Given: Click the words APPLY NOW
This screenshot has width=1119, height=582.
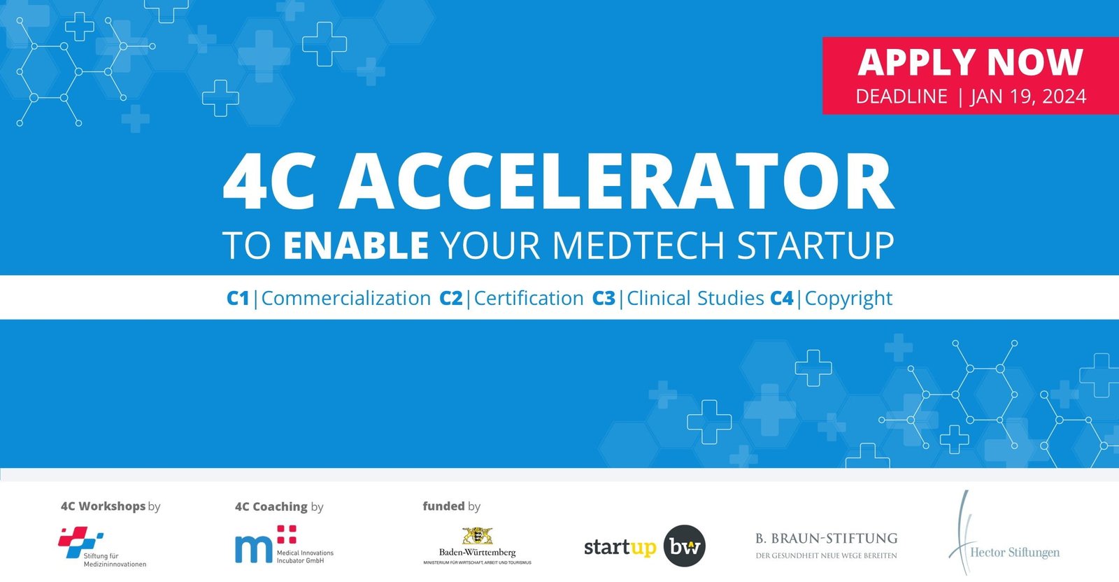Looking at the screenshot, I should point(970,62).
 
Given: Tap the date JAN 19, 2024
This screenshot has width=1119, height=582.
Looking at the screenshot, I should point(1028,97).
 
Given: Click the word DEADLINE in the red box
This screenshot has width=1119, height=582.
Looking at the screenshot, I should point(901,97).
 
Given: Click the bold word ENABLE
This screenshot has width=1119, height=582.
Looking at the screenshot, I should point(356,246).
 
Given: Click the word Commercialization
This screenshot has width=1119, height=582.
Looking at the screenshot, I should point(345,299).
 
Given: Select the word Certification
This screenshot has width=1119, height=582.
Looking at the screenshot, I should point(529,299).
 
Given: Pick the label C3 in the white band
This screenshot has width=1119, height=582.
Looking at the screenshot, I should point(604,299).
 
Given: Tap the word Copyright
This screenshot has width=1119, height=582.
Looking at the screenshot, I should point(848,299).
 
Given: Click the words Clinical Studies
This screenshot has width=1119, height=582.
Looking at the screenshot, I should point(695,299).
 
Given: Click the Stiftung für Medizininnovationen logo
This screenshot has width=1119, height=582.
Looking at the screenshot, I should point(101,548).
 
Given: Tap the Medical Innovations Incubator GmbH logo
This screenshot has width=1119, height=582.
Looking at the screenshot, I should point(283,546).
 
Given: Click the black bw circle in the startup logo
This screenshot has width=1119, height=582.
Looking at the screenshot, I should point(684,546).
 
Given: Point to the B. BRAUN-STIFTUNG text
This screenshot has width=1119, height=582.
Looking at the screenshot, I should point(826,539).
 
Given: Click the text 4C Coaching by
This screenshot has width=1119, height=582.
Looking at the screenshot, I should point(279,506).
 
